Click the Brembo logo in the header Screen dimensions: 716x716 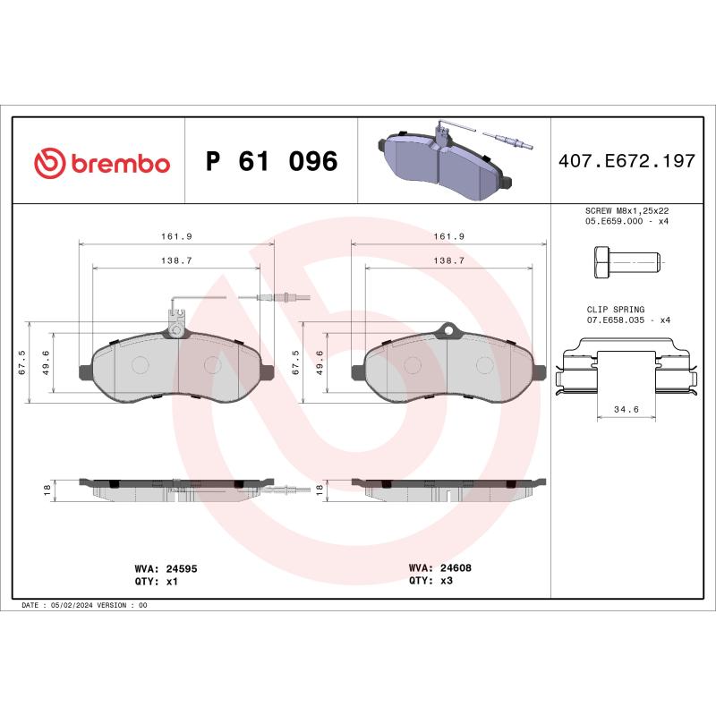click(x=101, y=163)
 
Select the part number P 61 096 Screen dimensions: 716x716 click(x=271, y=162)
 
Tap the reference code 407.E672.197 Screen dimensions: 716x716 click(x=626, y=162)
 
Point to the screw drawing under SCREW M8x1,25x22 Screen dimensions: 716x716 click(x=626, y=262)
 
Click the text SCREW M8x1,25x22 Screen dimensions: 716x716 click(x=626, y=209)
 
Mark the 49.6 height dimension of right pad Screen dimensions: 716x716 click(x=320, y=364)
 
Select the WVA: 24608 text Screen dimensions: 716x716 click(x=439, y=568)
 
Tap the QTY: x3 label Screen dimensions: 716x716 click(x=431, y=580)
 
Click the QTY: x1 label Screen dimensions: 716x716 click(x=158, y=580)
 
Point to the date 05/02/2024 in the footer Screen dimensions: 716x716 click(x=77, y=606)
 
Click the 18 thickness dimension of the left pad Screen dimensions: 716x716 click(x=47, y=490)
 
